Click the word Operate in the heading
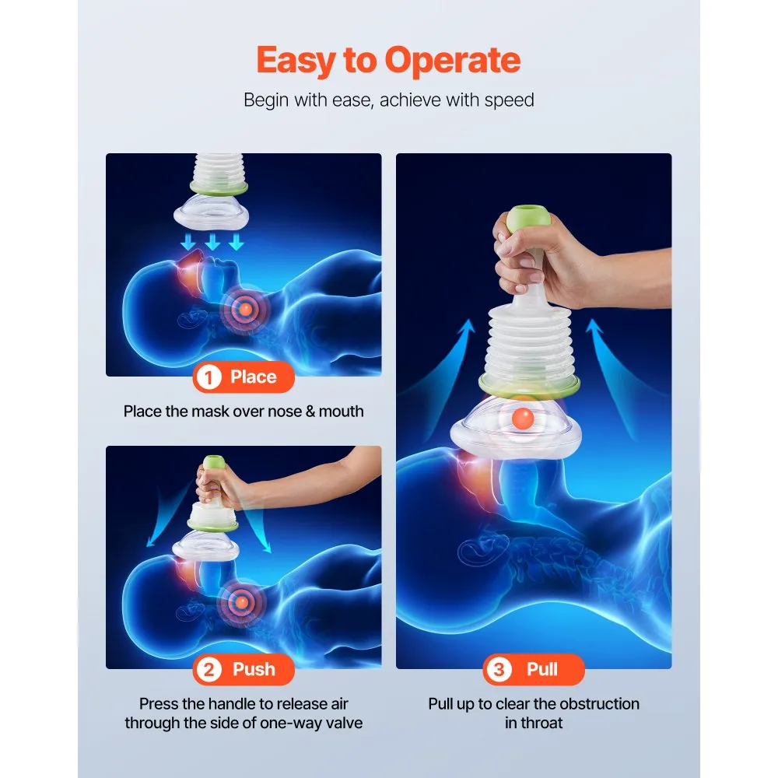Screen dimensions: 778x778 pyautogui.click(x=453, y=61)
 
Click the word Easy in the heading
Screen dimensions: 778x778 pyautogui.click(x=296, y=61)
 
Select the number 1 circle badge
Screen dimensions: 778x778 pyautogui.click(x=209, y=377)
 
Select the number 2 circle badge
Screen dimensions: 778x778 pyautogui.click(x=209, y=670)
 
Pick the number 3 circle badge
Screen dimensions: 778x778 pyautogui.click(x=499, y=670)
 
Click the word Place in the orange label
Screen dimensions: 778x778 pyautogui.click(x=253, y=377)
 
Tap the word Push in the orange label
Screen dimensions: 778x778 pyautogui.click(x=254, y=670)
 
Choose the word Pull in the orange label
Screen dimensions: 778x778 pyautogui.click(x=542, y=669)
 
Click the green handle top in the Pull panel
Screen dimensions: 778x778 pyautogui.click(x=528, y=219)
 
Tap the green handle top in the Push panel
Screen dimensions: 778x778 pyautogui.click(x=215, y=462)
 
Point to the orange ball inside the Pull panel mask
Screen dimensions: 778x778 pyautogui.click(x=523, y=418)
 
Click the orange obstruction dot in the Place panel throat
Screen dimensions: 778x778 pyautogui.click(x=245, y=310)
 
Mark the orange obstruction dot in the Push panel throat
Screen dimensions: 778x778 pyautogui.click(x=242, y=602)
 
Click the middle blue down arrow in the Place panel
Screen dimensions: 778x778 pyautogui.click(x=212, y=243)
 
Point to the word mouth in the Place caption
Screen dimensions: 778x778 pyautogui.click(x=342, y=412)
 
